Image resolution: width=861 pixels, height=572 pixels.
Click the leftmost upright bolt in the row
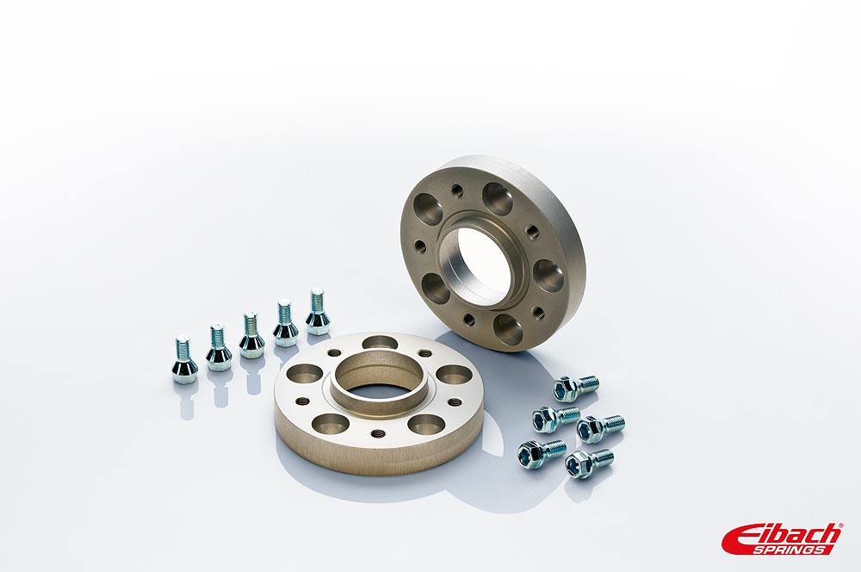point(183,359)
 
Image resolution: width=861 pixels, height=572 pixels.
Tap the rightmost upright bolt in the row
point(318,312)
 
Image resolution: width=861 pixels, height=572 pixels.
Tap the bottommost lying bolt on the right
point(589,463)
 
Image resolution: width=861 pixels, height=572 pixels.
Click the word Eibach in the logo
point(782,535)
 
